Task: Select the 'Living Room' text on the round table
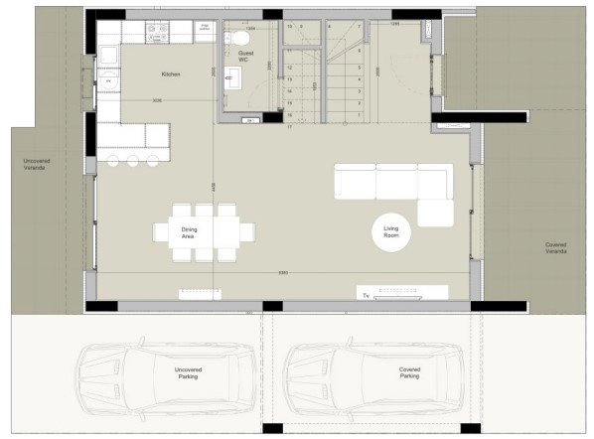point(391,233)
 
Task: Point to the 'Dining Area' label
point(189,234)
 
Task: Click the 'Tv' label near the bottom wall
point(365,295)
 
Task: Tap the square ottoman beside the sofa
point(434,213)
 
